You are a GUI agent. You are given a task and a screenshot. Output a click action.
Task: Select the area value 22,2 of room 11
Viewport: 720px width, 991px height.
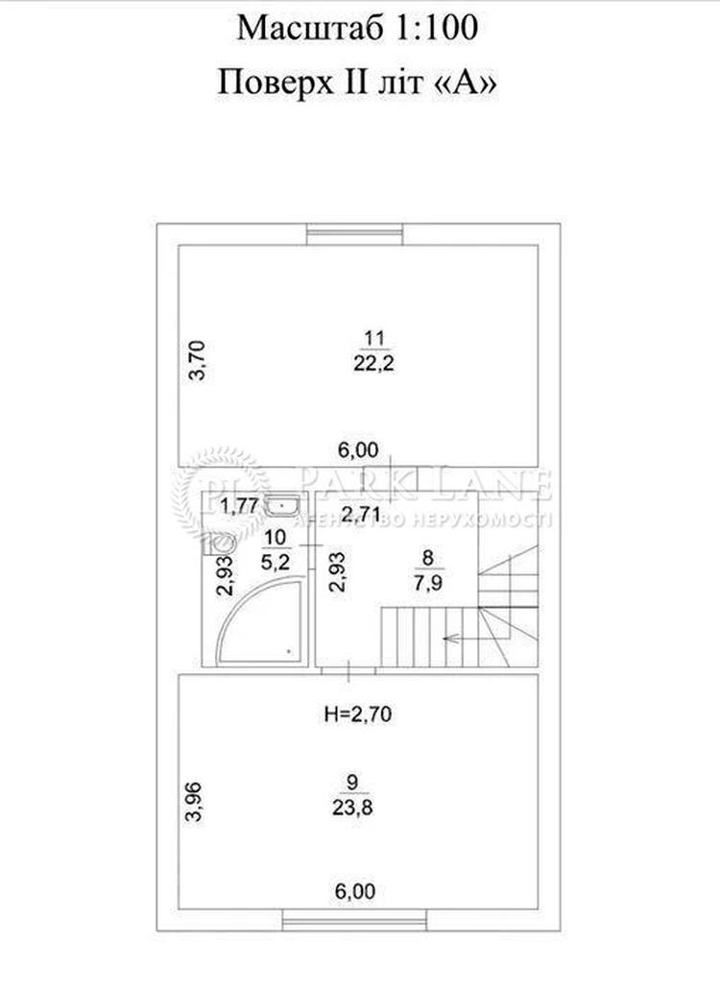(x=373, y=363)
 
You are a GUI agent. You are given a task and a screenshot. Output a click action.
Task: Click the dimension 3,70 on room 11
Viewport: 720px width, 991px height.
(x=197, y=359)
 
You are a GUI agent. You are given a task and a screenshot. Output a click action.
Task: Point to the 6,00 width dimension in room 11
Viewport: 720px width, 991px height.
(x=358, y=450)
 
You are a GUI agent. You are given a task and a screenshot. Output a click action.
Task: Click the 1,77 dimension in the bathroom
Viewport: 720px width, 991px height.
(x=240, y=506)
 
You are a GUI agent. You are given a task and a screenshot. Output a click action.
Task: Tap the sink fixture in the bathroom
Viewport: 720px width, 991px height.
(x=283, y=504)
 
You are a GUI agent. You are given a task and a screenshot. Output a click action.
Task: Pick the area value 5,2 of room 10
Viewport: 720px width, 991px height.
(x=276, y=561)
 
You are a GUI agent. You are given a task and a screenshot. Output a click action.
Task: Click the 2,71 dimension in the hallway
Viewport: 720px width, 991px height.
(x=361, y=513)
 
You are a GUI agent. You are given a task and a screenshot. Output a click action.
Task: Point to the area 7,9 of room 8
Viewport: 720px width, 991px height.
(x=428, y=582)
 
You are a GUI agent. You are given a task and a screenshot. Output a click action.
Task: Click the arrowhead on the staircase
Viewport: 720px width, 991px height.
(x=448, y=639)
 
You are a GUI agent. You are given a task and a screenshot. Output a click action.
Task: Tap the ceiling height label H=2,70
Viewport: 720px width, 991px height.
(x=357, y=714)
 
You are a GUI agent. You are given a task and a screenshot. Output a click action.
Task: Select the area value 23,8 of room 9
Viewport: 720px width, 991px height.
(x=352, y=807)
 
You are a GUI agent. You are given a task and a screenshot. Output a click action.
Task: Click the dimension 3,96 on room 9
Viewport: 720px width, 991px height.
(x=194, y=802)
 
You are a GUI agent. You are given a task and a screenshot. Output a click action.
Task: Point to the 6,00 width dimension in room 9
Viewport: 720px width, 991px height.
(x=355, y=891)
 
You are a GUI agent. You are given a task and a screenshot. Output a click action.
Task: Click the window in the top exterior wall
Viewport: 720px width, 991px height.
(x=355, y=234)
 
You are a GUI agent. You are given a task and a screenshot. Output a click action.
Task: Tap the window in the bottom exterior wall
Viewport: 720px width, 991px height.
(x=354, y=920)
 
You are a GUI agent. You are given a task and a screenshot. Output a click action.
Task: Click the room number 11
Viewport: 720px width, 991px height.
(x=373, y=338)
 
